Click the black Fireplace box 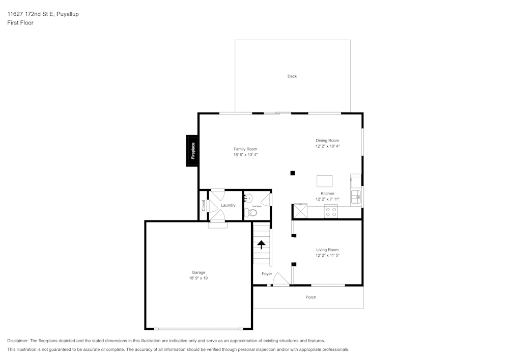pyautogui.click(x=192, y=151)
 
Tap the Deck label pyautogui.click(x=292, y=76)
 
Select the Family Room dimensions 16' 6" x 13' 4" pyautogui.click(x=245, y=155)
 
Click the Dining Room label pyautogui.click(x=327, y=141)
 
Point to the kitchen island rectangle pyautogui.click(x=325, y=181)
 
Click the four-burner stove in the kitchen pyautogui.click(x=331, y=212)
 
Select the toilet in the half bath pyautogui.click(x=248, y=213)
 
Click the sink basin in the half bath pyautogui.click(x=248, y=198)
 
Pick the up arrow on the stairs pyautogui.click(x=262, y=245)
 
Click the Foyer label pyautogui.click(x=267, y=274)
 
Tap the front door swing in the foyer pyautogui.click(x=279, y=279)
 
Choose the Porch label pyautogui.click(x=310, y=297)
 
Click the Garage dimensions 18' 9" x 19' pyautogui.click(x=199, y=278)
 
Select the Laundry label pyautogui.click(x=228, y=205)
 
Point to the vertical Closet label pyautogui.click(x=204, y=205)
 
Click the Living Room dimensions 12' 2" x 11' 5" pyautogui.click(x=327, y=256)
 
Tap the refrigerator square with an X pyautogui.click(x=300, y=211)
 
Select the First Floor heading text pyautogui.click(x=20, y=23)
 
